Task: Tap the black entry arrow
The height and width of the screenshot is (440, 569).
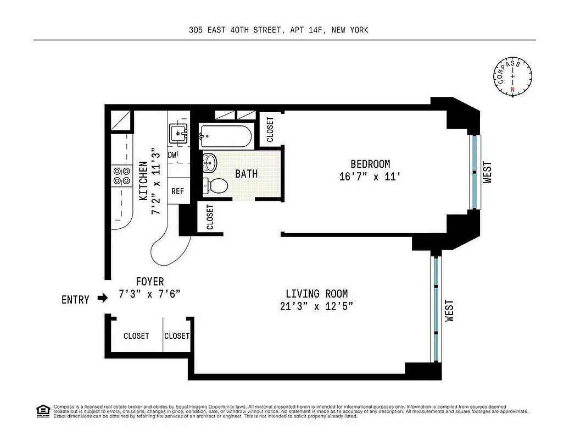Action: [103, 299]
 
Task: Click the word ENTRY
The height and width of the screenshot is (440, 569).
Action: [75, 300]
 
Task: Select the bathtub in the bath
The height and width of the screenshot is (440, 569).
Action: [226, 136]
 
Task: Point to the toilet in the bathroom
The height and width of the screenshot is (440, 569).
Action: [216, 185]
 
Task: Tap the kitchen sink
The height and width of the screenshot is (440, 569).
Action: [178, 133]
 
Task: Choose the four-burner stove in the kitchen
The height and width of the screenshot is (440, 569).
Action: [121, 175]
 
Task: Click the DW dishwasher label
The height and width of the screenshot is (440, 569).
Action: [172, 156]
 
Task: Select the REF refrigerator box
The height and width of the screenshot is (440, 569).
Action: [177, 191]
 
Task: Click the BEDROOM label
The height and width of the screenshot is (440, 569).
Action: [370, 164]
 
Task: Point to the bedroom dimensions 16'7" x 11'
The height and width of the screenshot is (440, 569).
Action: [370, 177]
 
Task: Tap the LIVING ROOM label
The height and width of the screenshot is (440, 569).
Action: [316, 294]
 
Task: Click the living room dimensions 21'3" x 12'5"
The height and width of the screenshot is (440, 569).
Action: [316, 307]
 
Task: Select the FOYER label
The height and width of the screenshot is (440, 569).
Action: [149, 282]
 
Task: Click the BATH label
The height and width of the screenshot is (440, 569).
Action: [246, 174]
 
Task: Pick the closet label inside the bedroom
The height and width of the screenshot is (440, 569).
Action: [270, 130]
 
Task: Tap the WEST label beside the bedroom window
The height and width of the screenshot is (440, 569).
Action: [487, 172]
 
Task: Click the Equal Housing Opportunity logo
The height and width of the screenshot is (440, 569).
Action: [42, 411]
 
